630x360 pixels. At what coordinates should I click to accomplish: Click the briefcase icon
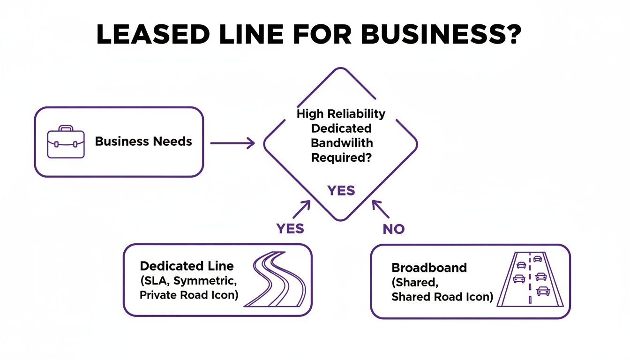point(66,142)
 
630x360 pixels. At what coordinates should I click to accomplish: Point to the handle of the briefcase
point(66,128)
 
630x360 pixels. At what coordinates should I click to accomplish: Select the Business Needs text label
point(143,142)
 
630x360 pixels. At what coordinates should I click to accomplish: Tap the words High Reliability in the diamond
point(341,113)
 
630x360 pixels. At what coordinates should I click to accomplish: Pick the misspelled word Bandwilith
point(342,142)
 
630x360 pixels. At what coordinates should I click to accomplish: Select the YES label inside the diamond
point(341,191)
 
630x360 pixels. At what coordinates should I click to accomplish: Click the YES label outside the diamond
point(290,228)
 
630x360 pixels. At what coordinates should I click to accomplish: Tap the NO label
point(393,229)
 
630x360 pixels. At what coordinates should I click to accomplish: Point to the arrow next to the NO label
point(381,210)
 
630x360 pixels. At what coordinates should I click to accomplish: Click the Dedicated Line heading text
point(187,266)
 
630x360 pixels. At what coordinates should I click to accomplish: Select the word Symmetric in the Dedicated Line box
point(208,281)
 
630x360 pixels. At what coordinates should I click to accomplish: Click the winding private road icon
point(275,280)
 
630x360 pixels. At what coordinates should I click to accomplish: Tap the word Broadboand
point(429,268)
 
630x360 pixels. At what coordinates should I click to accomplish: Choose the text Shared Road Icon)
point(442,297)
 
